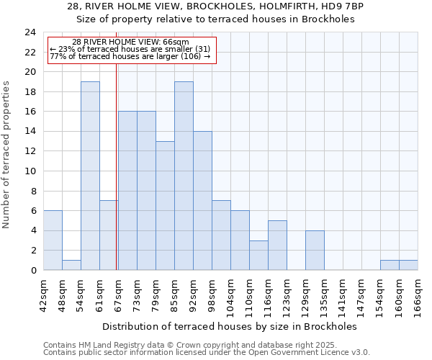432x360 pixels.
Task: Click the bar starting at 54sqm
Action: coord(90,176)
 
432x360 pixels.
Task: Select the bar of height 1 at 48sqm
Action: coord(71,265)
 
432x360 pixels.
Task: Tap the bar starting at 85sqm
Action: coord(184,176)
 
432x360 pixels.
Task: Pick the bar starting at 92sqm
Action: coord(202,201)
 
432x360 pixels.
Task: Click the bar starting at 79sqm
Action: coord(165,206)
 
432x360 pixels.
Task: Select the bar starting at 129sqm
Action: coord(315,251)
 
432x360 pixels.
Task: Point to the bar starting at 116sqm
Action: coord(277,246)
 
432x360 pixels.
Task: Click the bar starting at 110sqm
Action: coord(258,256)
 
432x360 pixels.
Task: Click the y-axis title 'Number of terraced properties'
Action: coord(7,154)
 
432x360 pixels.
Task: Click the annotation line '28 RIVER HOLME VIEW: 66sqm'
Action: coord(131,42)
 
